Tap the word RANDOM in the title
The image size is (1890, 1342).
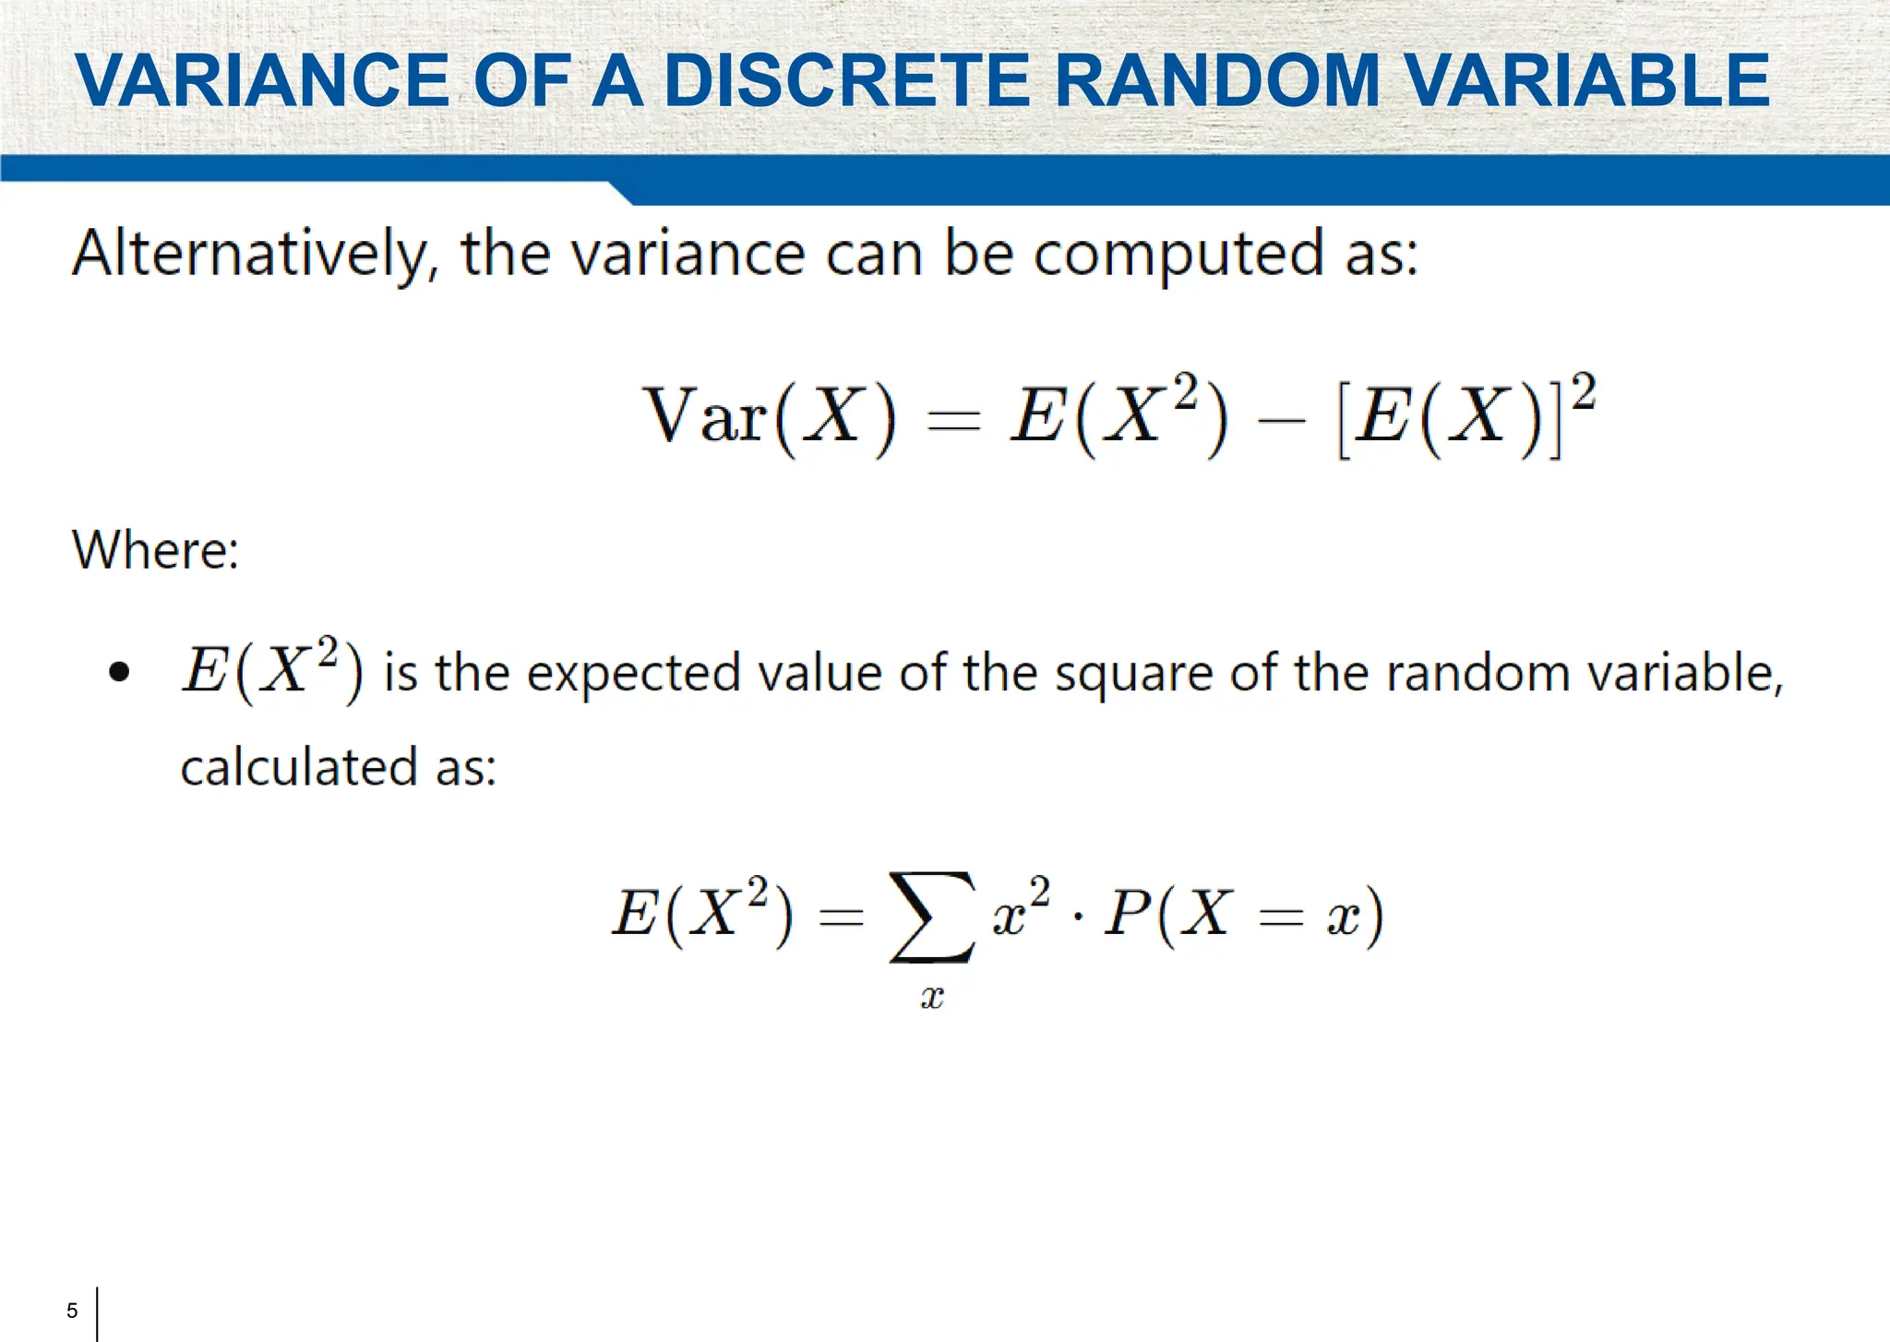coord(1217,80)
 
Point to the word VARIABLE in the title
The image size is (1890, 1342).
coord(1588,80)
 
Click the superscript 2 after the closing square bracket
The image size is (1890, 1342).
coord(1584,391)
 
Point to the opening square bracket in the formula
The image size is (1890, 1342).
coord(1345,420)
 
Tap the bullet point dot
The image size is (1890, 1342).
coord(119,672)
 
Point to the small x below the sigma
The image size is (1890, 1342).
coord(932,998)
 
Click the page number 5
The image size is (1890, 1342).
coord(72,1311)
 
